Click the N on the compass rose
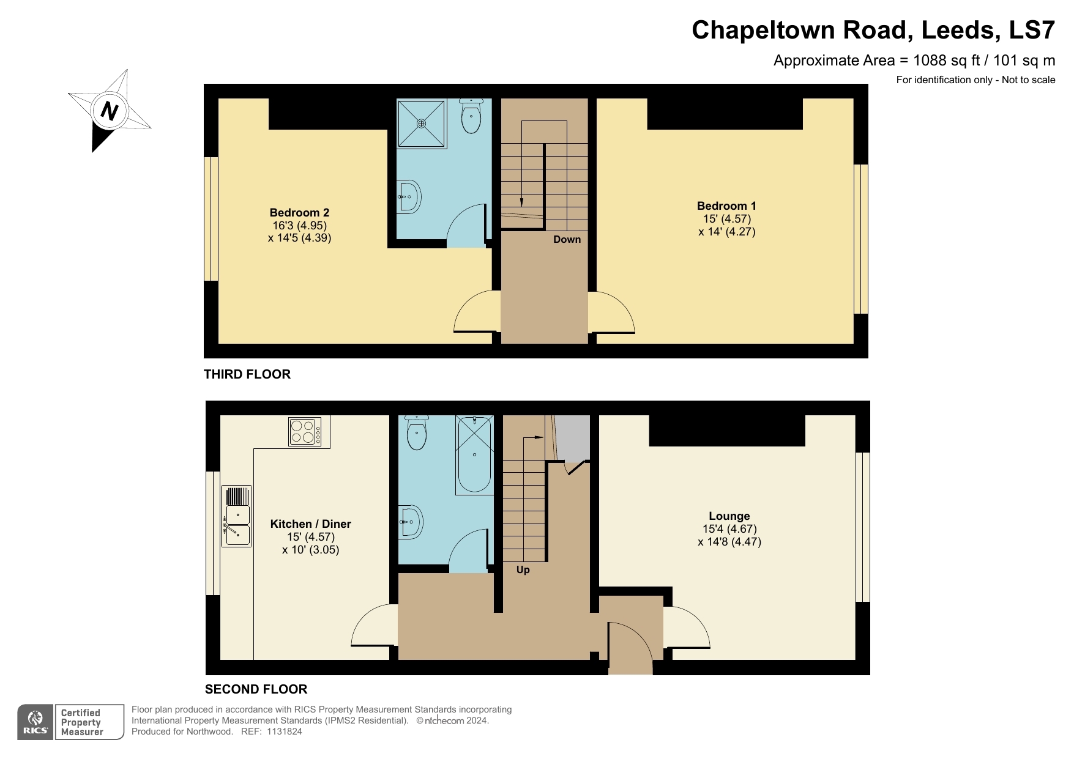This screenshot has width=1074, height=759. (x=109, y=111)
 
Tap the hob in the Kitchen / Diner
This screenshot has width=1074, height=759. (x=305, y=432)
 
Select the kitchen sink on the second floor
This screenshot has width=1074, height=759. (x=236, y=517)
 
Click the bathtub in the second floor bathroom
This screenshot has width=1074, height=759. (x=474, y=455)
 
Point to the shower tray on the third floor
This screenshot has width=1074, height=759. (x=422, y=124)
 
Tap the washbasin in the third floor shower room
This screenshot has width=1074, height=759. (x=409, y=197)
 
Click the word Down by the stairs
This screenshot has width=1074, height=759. (x=567, y=239)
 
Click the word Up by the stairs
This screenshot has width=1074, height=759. (x=523, y=569)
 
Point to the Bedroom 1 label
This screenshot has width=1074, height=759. (x=726, y=206)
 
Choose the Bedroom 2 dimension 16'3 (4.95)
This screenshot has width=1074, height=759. (x=299, y=225)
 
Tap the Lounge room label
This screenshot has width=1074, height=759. (x=729, y=516)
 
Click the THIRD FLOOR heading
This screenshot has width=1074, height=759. (x=247, y=374)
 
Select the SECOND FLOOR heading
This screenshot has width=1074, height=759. (x=256, y=689)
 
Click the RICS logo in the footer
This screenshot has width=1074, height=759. (x=35, y=722)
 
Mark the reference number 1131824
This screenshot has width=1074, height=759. (x=284, y=731)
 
